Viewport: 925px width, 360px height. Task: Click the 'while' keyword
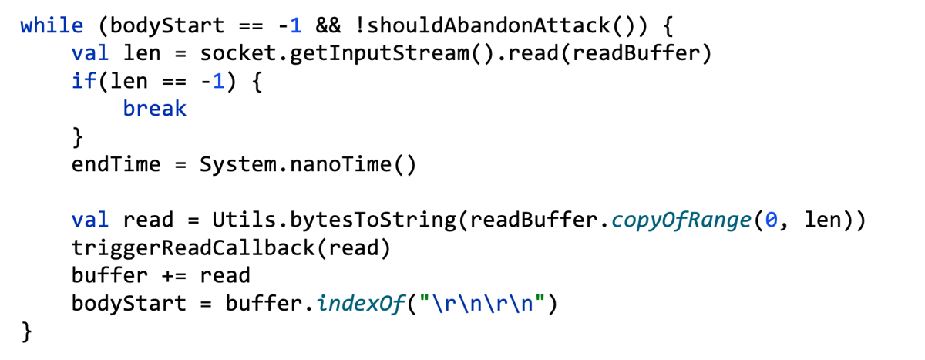tap(52, 26)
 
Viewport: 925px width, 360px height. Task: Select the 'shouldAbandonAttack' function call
tap(488, 26)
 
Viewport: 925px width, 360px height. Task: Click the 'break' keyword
tap(155, 109)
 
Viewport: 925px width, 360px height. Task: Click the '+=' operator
tap(173, 276)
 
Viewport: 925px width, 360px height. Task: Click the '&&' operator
tap(328, 26)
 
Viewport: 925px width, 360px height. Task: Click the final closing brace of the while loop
tap(26, 331)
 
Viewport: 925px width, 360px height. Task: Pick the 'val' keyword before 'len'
tap(90, 53)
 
